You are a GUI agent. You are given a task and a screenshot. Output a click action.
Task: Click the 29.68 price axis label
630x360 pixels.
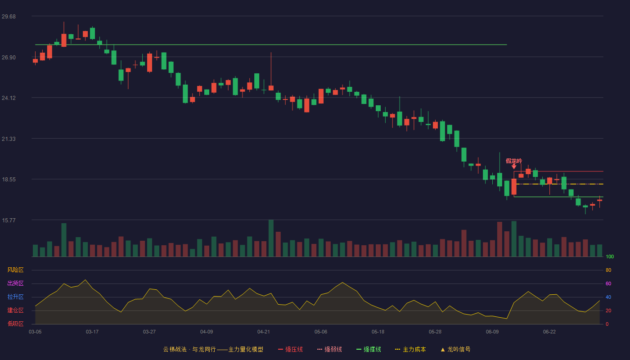pos(9,17)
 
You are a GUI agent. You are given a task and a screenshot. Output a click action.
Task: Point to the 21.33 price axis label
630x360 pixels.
pos(9,139)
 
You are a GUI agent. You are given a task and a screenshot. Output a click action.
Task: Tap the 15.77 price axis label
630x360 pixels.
pos(9,220)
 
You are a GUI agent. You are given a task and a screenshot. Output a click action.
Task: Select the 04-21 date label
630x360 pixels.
pos(264,332)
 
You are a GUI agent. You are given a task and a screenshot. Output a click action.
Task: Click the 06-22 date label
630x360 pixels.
pos(549,332)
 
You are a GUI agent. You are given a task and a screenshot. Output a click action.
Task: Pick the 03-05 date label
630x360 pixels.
pos(35,332)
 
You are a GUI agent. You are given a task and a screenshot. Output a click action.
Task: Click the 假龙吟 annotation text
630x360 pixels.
pos(514,161)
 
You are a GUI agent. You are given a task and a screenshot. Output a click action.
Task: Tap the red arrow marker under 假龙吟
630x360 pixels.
pos(514,166)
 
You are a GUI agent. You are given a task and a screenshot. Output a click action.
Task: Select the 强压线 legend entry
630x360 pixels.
pos(290,349)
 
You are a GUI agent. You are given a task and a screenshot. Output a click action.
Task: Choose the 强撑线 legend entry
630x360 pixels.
pos(369,349)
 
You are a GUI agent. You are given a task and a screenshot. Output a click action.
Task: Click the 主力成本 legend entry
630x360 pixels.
pos(410,349)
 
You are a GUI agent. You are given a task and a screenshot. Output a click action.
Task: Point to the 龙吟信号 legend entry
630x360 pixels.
pos(455,349)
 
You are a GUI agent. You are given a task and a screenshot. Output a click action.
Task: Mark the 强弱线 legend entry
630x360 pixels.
pos(329,349)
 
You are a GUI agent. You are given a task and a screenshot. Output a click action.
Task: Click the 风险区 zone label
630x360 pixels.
pos(15,270)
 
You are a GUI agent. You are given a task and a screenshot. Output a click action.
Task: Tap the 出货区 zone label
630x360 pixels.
pos(15,283)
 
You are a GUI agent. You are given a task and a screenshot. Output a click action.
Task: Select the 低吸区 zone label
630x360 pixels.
pos(15,324)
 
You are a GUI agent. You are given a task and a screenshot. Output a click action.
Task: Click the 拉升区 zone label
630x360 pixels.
pos(15,297)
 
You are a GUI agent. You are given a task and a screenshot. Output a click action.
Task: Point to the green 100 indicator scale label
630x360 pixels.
pos(610,256)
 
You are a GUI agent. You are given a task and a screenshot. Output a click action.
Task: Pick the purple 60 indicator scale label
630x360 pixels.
pos(608,283)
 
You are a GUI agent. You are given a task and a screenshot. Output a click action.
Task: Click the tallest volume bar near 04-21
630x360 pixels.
pos(271,238)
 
